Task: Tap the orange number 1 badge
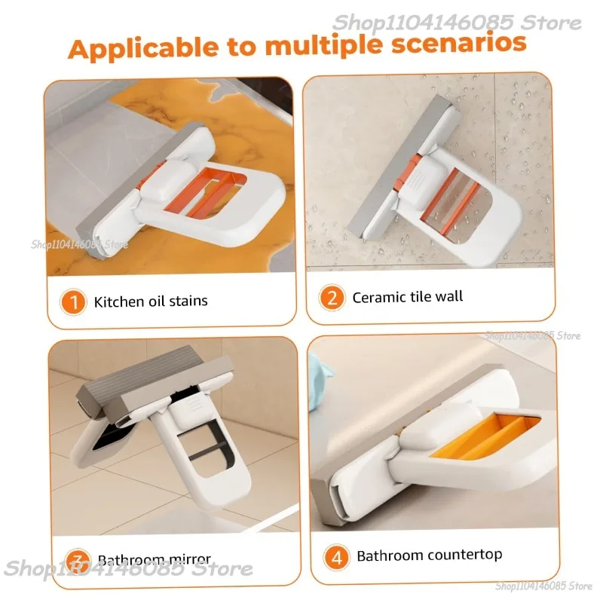(x=74, y=303)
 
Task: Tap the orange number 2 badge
(x=331, y=298)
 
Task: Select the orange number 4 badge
(x=336, y=558)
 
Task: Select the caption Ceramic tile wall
(x=407, y=297)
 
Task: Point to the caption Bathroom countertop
(x=429, y=556)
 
